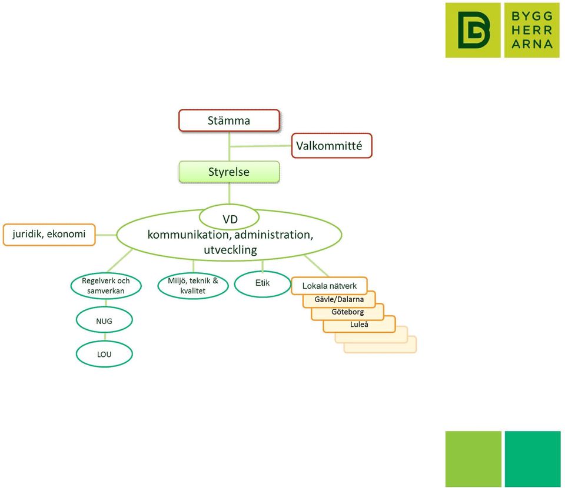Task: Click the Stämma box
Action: click(x=229, y=120)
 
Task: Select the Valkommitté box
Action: click(x=331, y=146)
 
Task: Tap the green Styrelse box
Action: click(x=229, y=172)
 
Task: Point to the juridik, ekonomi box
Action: click(x=49, y=235)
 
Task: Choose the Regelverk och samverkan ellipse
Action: click(x=105, y=286)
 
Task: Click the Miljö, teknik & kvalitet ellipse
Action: click(x=193, y=286)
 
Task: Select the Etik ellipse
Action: click(x=262, y=283)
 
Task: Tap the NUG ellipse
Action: click(x=104, y=320)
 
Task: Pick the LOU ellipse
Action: click(x=104, y=354)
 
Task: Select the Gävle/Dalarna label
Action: click(x=339, y=299)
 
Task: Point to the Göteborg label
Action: click(x=348, y=312)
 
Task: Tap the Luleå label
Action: click(x=359, y=324)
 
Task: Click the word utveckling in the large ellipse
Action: click(x=230, y=250)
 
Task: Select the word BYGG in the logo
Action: click(x=532, y=16)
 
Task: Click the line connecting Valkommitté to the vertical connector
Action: click(x=260, y=146)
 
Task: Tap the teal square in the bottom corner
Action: click(x=533, y=459)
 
